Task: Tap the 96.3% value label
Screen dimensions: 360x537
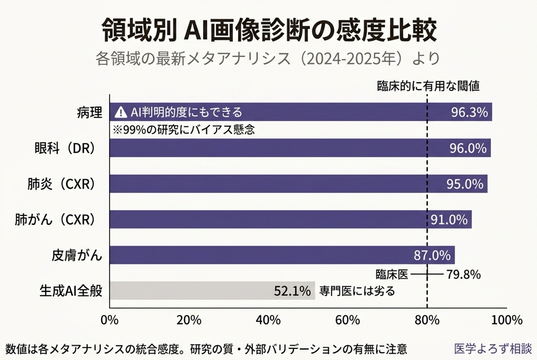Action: [469, 112]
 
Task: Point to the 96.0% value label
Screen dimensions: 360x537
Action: [468, 148]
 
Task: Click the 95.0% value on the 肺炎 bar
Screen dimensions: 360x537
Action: [465, 184]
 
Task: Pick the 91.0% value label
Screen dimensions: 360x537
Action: [449, 220]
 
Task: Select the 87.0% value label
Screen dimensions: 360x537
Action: [432, 256]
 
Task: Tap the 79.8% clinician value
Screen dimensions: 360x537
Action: [463, 274]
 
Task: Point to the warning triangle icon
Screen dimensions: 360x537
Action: [121, 112]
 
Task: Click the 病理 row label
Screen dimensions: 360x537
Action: [89, 112]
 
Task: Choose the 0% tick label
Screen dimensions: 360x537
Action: [109, 320]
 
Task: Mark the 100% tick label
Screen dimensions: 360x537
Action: [507, 320]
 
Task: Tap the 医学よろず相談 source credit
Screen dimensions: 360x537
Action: [493, 348]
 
